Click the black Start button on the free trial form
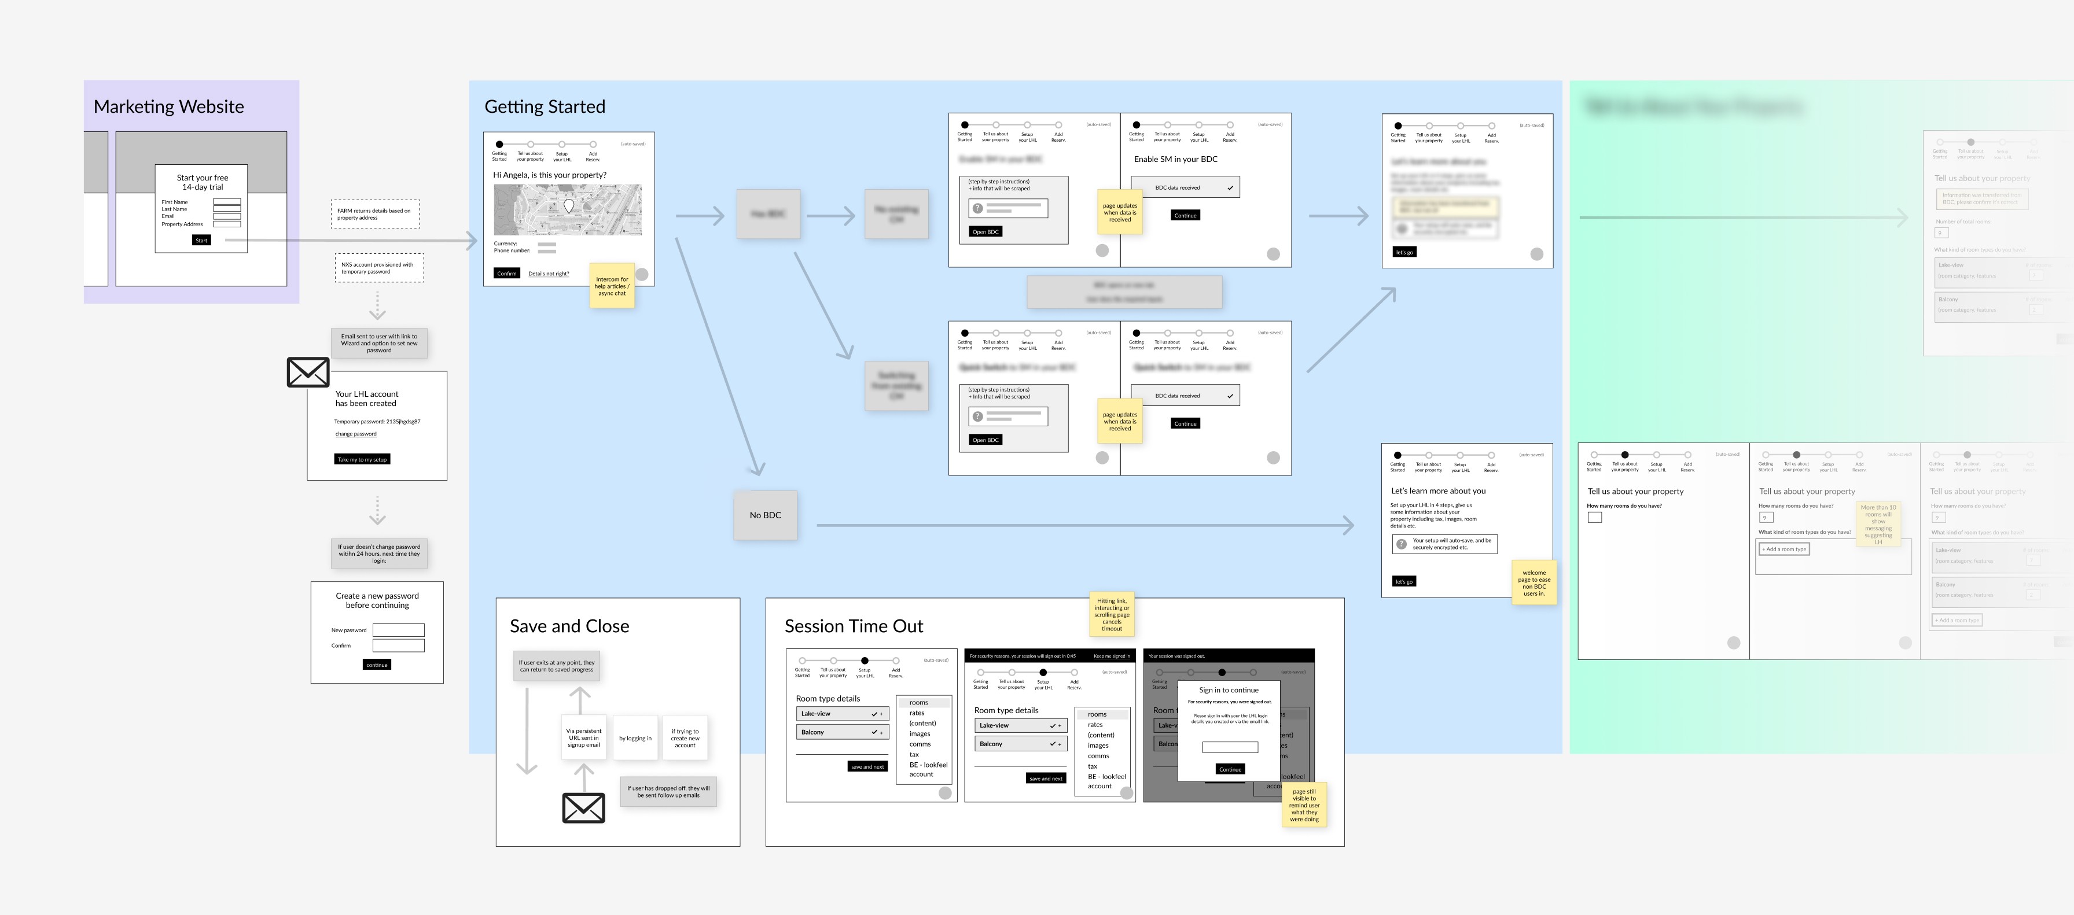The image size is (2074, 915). tap(201, 240)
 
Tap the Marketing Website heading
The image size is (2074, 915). tap(168, 107)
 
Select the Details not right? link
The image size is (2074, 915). tap(548, 274)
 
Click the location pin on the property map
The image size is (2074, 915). tap(568, 206)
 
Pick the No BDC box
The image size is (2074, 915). tap(765, 515)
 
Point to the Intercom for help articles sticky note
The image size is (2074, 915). tap(612, 286)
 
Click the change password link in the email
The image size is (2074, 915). tap(356, 434)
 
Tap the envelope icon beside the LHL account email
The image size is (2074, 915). tap(308, 372)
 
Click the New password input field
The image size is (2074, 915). tap(399, 630)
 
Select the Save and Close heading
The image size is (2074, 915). tap(569, 626)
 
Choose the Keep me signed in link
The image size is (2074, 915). tap(1111, 656)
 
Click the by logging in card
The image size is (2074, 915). tap(635, 738)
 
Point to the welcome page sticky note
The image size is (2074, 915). tap(1534, 582)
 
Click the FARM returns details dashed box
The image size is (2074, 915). tap(374, 214)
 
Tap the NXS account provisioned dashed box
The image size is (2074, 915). tap(378, 268)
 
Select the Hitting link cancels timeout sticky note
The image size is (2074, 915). tap(1111, 614)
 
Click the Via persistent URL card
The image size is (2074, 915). tap(584, 738)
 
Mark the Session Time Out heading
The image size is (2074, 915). tap(854, 626)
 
